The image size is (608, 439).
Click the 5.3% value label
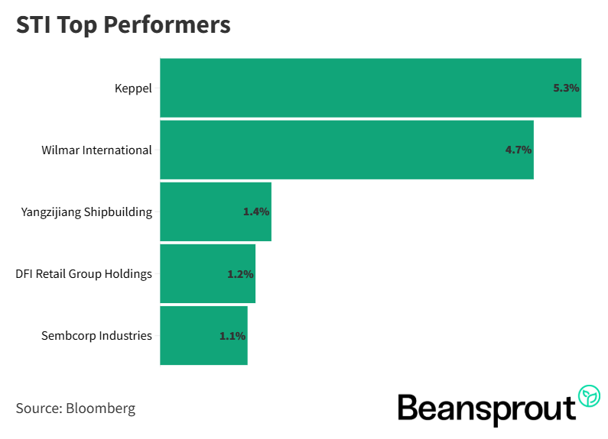(566, 88)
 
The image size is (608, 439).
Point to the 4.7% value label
(518, 150)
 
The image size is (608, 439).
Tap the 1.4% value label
(256, 211)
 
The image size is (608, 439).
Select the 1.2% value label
(240, 273)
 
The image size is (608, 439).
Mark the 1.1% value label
(232, 335)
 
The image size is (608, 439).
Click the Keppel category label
(133, 88)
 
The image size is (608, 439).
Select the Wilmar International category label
(96, 150)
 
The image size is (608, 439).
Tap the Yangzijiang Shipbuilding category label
(86, 211)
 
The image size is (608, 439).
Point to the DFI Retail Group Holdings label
(83, 273)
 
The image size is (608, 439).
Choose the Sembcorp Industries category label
(97, 335)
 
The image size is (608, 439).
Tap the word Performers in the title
(178, 24)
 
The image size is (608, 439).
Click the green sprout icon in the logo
(589, 395)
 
